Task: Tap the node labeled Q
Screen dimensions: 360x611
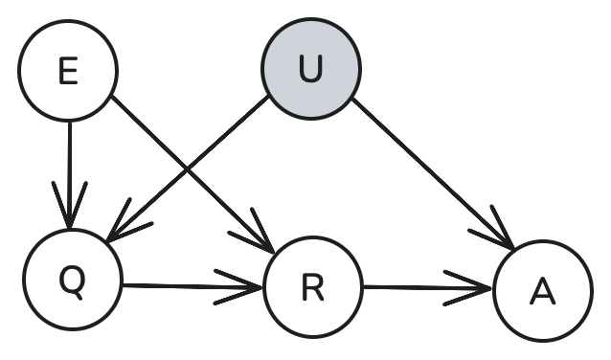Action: tap(72, 281)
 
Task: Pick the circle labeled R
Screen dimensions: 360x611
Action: tap(311, 287)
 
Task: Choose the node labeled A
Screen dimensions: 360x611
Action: tap(542, 291)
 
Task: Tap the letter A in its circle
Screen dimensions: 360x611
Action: tap(542, 292)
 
